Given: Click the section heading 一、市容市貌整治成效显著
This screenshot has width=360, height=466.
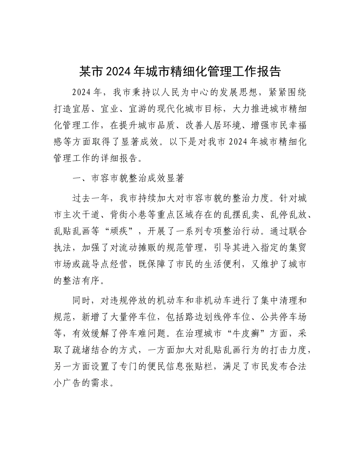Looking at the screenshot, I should (128, 178).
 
